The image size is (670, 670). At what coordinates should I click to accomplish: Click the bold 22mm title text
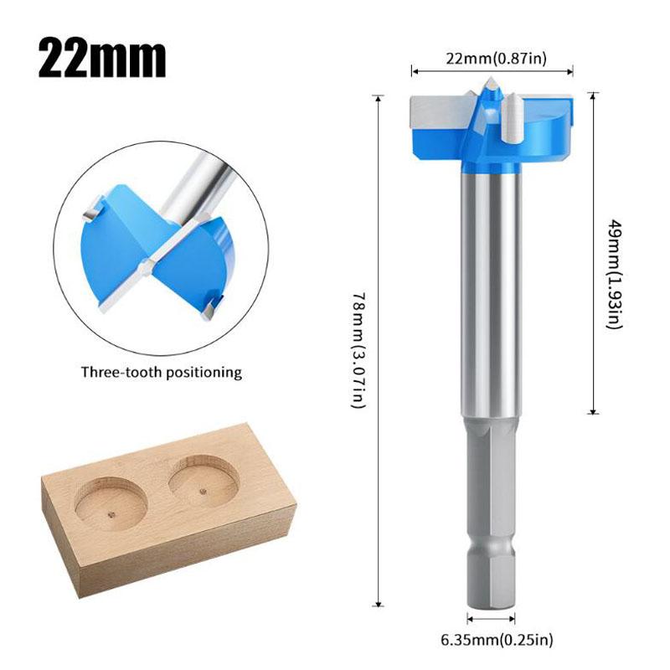click(x=102, y=56)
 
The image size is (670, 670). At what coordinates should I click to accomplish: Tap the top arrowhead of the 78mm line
click(x=379, y=99)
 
